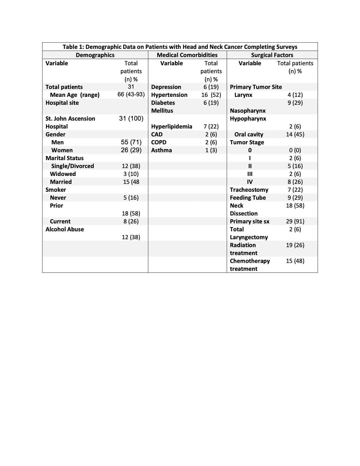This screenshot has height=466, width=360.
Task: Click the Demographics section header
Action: (95, 55)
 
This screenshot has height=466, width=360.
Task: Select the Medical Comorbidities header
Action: (187, 55)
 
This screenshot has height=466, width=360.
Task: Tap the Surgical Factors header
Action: (272, 55)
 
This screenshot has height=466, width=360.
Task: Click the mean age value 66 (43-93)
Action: (131, 95)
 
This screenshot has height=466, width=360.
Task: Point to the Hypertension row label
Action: (169, 95)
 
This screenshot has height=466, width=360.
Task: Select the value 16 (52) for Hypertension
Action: (211, 95)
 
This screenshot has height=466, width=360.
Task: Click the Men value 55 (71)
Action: (131, 142)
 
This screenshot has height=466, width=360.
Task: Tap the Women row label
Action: (62, 150)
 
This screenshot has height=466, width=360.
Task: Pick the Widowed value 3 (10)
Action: (131, 174)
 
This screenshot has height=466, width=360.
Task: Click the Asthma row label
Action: (162, 150)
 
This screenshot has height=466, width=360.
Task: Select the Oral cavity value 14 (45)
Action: (295, 134)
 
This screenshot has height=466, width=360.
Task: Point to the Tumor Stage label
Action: (247, 142)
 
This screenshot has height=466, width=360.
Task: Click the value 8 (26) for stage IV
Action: (295, 182)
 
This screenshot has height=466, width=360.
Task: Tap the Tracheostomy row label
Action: (249, 190)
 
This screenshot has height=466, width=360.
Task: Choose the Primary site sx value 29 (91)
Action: (295, 221)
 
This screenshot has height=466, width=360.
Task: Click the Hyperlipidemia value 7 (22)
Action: (211, 127)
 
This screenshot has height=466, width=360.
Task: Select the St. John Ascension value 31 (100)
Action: (131, 118)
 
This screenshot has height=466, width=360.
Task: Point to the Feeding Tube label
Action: (248, 198)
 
